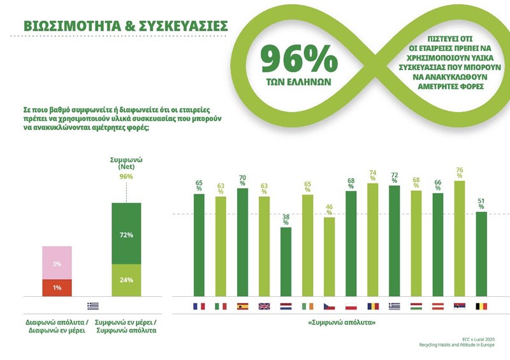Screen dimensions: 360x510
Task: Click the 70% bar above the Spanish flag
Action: (x=242, y=242)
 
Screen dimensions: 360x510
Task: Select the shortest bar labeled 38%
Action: (x=286, y=261)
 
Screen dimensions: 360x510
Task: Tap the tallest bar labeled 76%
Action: (x=459, y=238)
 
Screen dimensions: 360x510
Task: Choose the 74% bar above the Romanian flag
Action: (x=372, y=240)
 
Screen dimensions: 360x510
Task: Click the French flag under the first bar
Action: (x=199, y=306)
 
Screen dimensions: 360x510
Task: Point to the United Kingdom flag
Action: (x=264, y=306)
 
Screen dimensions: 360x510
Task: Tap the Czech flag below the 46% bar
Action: (x=329, y=306)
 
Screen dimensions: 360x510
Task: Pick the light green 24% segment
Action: (x=126, y=280)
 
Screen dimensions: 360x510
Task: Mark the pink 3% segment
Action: (x=57, y=263)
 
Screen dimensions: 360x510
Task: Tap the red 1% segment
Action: (x=57, y=288)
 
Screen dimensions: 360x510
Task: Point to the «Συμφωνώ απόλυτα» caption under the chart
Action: (x=340, y=324)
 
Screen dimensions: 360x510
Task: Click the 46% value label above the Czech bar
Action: (x=330, y=210)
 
